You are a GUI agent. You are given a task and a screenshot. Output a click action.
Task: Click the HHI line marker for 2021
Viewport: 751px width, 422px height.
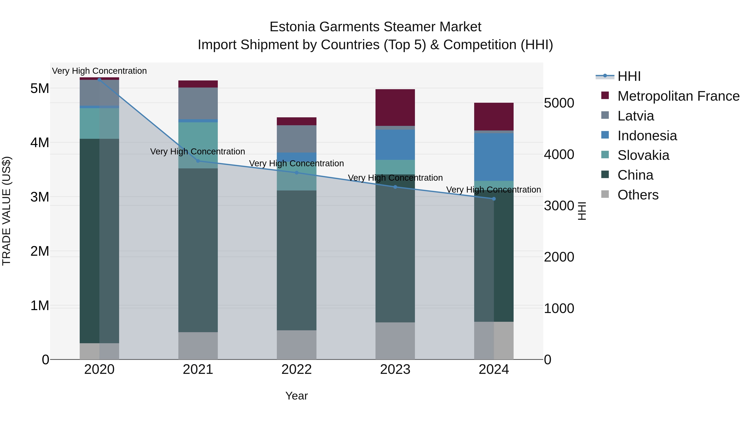[x=198, y=161]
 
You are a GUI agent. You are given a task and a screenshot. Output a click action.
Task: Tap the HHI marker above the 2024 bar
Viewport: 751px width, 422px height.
[x=494, y=199]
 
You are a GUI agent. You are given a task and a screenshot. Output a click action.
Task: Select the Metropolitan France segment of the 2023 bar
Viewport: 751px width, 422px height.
[x=395, y=108]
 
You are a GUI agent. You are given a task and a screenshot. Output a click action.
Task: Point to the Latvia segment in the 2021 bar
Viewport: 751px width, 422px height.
[x=198, y=103]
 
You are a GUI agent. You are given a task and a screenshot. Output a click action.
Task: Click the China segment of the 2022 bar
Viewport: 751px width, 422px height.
[x=296, y=260]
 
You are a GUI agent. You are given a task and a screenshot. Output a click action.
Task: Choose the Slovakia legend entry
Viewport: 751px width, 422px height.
[x=643, y=155]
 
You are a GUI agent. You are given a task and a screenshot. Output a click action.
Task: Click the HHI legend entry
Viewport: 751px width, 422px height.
[x=629, y=76]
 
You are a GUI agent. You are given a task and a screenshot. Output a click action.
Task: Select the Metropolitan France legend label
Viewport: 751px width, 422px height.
[x=678, y=96]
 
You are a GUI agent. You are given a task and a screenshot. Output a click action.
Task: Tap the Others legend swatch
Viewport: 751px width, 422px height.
[x=605, y=194]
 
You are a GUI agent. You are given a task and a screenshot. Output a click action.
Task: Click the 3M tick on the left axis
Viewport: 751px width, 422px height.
[x=40, y=197]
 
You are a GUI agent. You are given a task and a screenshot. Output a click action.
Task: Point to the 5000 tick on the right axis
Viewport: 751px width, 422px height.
[x=559, y=103]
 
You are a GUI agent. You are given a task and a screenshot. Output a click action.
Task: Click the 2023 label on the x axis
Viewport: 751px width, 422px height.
[x=395, y=369]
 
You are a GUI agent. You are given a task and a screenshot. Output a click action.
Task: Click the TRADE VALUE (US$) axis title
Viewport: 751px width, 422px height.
[x=6, y=211]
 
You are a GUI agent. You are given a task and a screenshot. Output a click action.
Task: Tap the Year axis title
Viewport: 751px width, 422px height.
[x=296, y=396]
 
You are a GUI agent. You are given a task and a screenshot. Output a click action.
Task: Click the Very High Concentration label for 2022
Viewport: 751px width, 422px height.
[x=296, y=163]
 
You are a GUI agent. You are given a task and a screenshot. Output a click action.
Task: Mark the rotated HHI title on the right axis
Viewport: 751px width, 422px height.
[x=582, y=211]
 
